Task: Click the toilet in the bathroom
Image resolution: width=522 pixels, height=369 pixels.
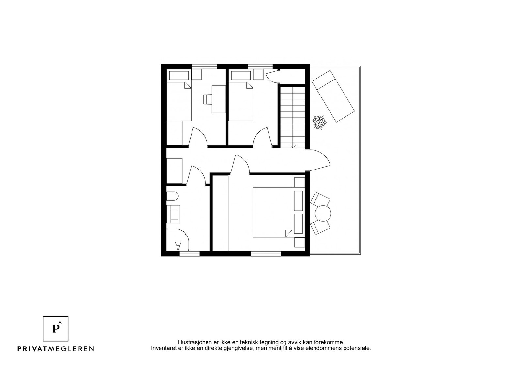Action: (172, 196)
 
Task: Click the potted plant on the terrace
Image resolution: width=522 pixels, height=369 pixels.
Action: (319, 123)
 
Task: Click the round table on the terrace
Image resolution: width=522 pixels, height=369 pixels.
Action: (323, 214)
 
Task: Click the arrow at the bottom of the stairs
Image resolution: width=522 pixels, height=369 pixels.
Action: (293, 145)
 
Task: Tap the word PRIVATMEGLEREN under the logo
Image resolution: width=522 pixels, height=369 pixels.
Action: (55, 349)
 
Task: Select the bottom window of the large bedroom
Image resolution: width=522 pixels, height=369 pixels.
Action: (266, 253)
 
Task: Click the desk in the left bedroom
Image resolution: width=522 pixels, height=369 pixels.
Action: (219, 99)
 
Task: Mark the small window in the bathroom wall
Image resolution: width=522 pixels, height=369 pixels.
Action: (185, 253)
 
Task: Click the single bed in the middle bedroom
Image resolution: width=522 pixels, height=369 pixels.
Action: (241, 102)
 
